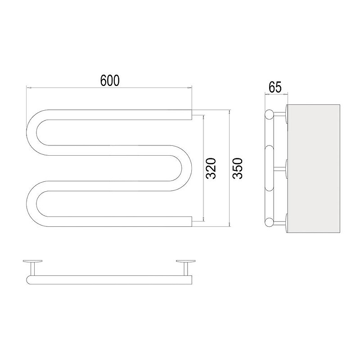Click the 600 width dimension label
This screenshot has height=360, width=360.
coord(110,81)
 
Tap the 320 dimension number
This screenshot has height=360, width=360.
coord(211,168)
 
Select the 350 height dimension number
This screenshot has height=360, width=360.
coord(237,168)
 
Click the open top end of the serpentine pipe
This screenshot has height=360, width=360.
coord(191,115)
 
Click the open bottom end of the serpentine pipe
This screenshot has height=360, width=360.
coord(191,221)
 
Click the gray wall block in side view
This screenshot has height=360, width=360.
coord(314,169)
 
